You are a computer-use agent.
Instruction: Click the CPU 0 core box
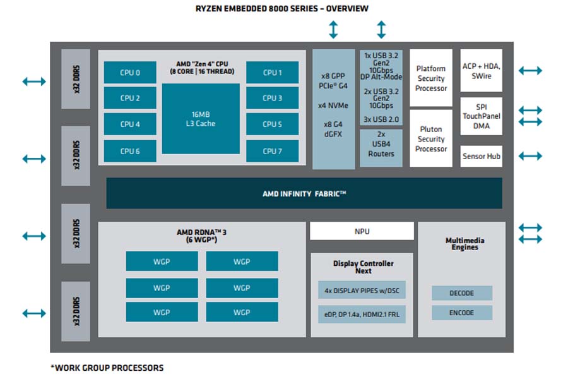click(130, 73)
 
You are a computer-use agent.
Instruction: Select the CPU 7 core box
click(272, 151)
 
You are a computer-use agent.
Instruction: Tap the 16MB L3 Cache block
click(201, 119)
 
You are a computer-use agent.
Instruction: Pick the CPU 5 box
click(272, 124)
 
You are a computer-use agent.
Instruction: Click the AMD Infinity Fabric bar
click(304, 193)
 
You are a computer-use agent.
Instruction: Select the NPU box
click(362, 231)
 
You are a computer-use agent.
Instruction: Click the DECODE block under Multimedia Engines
click(461, 293)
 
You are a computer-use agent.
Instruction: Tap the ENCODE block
click(461, 313)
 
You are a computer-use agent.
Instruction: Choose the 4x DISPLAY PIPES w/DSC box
click(362, 291)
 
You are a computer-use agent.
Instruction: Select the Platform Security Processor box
click(431, 78)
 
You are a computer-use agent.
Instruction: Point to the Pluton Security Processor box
click(431, 138)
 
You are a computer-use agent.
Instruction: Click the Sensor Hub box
click(481, 156)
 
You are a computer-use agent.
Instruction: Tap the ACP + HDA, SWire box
click(481, 71)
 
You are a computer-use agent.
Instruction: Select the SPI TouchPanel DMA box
click(481, 116)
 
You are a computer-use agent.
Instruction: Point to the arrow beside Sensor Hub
click(530, 156)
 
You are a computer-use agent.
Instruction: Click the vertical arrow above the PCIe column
click(333, 30)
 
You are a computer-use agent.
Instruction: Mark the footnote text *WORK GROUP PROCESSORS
click(107, 368)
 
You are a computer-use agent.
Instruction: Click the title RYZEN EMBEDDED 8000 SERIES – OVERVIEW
click(282, 8)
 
